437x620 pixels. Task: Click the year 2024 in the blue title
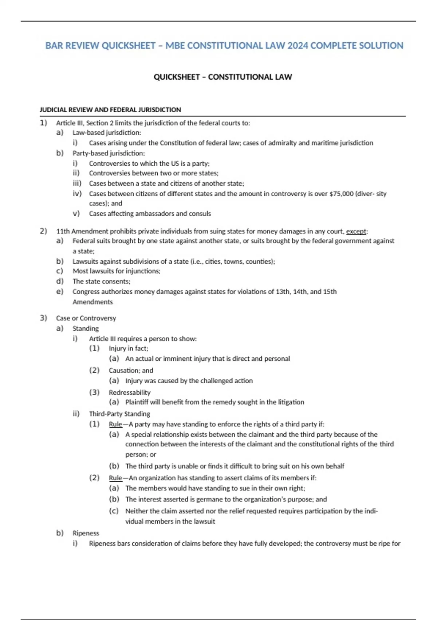pos(297,46)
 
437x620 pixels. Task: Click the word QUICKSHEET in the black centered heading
pos(177,77)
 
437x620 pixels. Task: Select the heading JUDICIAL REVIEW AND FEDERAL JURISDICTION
pos(110,110)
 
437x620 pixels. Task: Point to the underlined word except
pos(356,231)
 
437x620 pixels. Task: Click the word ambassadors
pos(154,214)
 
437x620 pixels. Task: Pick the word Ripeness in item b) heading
pos(86,533)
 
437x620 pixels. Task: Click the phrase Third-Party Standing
pos(119,414)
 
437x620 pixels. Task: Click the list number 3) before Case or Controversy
pos(43,318)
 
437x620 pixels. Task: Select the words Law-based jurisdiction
pos(106,133)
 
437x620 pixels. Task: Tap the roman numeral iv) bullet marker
pos(77,194)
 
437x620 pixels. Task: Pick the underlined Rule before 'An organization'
pos(115,478)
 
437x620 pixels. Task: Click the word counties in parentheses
pos(259,261)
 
